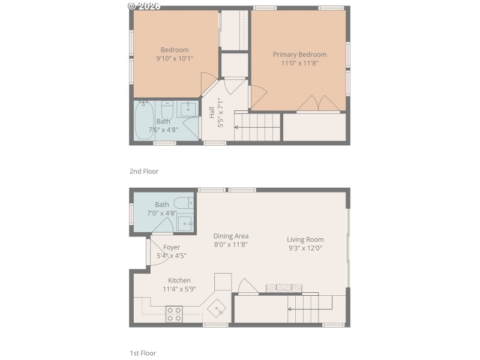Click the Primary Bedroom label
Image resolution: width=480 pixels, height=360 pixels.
(299, 55)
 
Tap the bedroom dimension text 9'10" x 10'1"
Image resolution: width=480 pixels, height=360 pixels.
(175, 59)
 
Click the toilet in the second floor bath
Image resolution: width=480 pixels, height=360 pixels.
(167, 111)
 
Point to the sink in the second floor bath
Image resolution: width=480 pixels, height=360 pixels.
(188, 108)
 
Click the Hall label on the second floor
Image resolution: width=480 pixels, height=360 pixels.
(212, 113)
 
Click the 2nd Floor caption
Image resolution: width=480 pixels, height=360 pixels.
(144, 171)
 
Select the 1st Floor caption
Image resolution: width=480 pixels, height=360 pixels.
(143, 353)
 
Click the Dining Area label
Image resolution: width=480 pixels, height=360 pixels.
(231, 236)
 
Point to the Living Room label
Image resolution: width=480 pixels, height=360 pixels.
(305, 239)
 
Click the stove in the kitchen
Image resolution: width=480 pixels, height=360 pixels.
(174, 314)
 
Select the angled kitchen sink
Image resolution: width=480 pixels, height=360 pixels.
(217, 308)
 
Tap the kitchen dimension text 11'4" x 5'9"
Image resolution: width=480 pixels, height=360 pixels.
(179, 289)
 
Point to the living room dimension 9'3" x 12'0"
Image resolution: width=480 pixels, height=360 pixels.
(305, 248)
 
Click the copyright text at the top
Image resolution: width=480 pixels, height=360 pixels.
(144, 5)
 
